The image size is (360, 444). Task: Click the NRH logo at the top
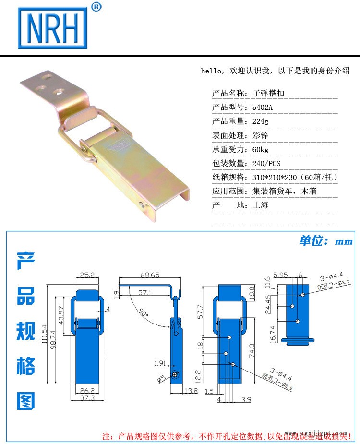53,28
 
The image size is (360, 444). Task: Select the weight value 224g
261,121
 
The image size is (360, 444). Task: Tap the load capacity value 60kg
261,149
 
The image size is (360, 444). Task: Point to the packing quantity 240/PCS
266,163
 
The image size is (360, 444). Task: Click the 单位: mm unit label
325,241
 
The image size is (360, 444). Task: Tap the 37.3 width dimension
87,398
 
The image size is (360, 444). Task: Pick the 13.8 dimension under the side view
191,391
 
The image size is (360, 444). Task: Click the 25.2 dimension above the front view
87,275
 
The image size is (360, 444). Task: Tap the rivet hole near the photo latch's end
143,204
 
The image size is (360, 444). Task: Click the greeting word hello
211,71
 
